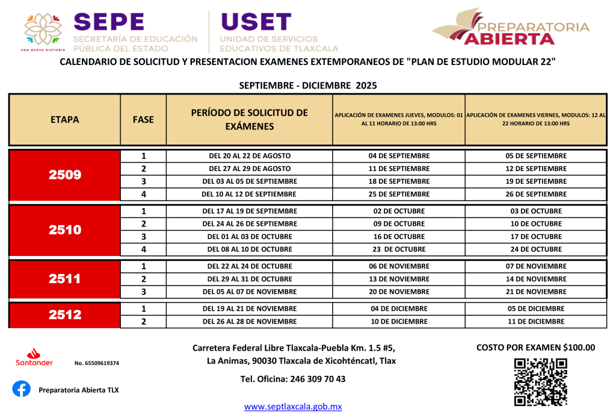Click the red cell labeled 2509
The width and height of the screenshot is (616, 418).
(65, 175)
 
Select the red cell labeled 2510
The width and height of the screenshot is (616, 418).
(65, 231)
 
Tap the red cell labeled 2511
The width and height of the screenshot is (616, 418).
(65, 279)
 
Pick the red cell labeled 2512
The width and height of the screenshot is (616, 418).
(65, 316)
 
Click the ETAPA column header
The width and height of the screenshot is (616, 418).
(65, 120)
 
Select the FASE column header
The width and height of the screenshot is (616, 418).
(143, 120)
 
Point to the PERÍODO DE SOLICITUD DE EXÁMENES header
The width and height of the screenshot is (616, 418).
(249, 120)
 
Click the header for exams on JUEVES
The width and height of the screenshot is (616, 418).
(398, 119)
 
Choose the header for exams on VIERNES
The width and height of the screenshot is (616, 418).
(535, 119)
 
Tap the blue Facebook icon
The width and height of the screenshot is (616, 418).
(21, 389)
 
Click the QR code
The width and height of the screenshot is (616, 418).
(540, 382)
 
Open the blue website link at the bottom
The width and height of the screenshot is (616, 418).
(293, 407)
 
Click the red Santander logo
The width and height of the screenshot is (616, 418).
(34, 357)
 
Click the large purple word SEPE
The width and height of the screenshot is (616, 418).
(109, 22)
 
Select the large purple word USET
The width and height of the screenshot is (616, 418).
(256, 22)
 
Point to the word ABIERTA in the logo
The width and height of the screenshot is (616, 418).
(509, 40)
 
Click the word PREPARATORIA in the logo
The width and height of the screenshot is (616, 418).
(533, 27)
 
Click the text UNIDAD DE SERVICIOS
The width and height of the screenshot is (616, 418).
(268, 39)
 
